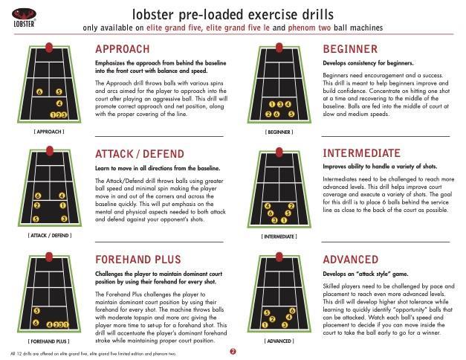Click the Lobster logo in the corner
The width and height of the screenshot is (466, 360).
pyautogui.click(x=25, y=18)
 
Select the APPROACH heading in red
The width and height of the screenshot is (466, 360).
pyautogui.click(x=123, y=49)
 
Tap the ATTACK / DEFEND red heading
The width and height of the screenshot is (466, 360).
pyautogui.click(x=140, y=154)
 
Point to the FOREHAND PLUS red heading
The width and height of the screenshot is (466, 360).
pyautogui.click(x=138, y=260)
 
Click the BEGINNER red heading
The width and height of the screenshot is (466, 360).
pyautogui.click(x=350, y=49)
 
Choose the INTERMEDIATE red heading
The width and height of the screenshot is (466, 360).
pyautogui.click(x=362, y=153)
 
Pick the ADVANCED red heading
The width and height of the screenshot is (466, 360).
pyautogui.click(x=351, y=260)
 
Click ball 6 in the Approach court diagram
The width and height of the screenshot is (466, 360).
pyautogui.click(x=39, y=92)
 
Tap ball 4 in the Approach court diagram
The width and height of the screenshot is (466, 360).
pyautogui.click(x=59, y=103)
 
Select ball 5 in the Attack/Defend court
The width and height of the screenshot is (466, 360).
pyautogui.click(x=36, y=219)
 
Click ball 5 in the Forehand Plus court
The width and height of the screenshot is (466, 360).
pyautogui.click(x=36, y=311)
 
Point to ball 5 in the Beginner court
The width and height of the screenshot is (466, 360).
pyautogui.click(x=291, y=114)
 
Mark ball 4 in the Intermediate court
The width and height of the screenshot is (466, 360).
pyautogui.click(x=268, y=206)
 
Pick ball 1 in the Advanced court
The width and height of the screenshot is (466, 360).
pyautogui.click(x=265, y=325)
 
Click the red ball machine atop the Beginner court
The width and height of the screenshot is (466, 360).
pyautogui.click(x=279, y=48)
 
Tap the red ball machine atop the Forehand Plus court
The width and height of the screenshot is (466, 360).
pyautogui.click(x=49, y=257)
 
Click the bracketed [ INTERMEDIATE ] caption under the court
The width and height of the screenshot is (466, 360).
pyautogui.click(x=279, y=237)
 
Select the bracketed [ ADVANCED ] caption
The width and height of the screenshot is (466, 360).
pyautogui.click(x=279, y=341)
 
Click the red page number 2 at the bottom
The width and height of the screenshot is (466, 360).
pyautogui.click(x=233, y=351)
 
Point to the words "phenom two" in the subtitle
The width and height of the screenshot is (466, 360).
pyautogui.click(x=309, y=28)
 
